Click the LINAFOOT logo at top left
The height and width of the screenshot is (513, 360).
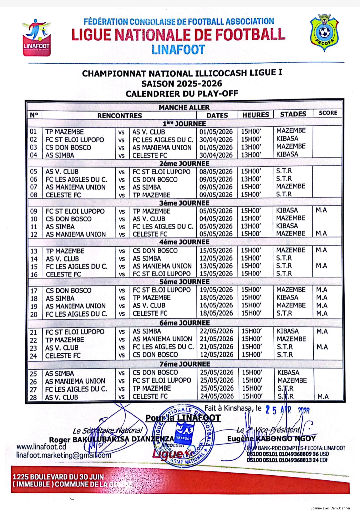[37, 38]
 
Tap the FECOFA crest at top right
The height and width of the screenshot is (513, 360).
[324, 33]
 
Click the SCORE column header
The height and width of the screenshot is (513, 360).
[328, 113]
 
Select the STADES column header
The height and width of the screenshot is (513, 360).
[293, 114]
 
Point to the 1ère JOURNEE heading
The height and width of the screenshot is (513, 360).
[184, 124]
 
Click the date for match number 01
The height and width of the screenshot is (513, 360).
[216, 132]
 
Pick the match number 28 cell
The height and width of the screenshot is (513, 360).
[33, 397]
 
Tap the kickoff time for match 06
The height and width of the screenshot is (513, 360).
[251, 179]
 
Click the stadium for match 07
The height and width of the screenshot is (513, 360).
[291, 186]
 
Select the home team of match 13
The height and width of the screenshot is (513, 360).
[65, 251]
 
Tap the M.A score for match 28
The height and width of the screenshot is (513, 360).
[323, 396]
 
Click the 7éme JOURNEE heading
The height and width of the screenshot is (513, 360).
[185, 364]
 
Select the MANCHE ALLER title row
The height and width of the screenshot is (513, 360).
[184, 107]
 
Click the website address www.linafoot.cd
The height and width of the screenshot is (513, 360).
[41, 447]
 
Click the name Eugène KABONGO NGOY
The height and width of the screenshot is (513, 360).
[271, 439]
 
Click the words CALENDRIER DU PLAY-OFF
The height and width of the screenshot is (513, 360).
[182, 94]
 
